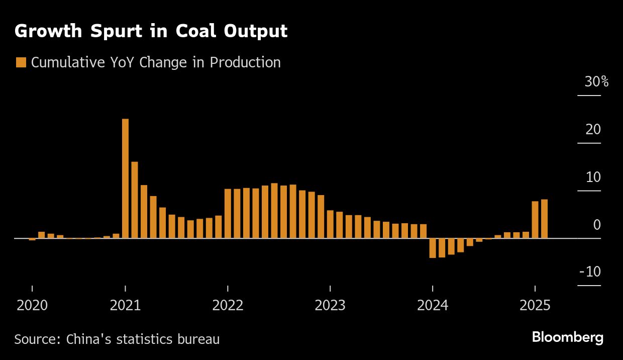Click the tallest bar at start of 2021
pyautogui.click(x=125, y=178)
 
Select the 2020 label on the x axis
pyautogui.click(x=32, y=305)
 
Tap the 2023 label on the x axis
pyautogui.click(x=330, y=305)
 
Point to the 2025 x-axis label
pyautogui.click(x=535, y=305)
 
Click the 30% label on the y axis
pyautogui.click(x=596, y=81)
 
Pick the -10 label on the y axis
pyautogui.click(x=590, y=272)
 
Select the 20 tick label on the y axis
pyautogui.click(x=593, y=129)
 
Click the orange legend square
pyautogui.click(x=21, y=62)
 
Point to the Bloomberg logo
pyautogui.click(x=567, y=337)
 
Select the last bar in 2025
pyautogui.click(x=544, y=219)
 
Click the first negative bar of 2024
pyautogui.click(x=433, y=248)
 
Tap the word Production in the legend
pyautogui.click(x=245, y=62)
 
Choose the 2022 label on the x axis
pyautogui.click(x=228, y=305)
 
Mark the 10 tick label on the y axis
pyautogui.click(x=593, y=177)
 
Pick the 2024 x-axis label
pyautogui.click(x=433, y=305)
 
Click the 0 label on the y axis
pyautogui.click(x=597, y=224)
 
